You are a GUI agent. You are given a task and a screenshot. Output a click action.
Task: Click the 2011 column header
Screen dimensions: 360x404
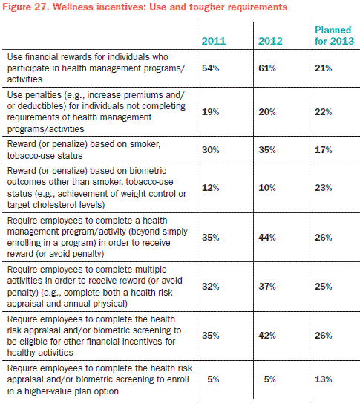tap(214, 41)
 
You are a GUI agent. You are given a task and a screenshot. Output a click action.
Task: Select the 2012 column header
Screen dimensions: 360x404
tap(270, 41)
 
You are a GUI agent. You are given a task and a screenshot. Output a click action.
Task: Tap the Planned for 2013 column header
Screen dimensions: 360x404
tap(334, 36)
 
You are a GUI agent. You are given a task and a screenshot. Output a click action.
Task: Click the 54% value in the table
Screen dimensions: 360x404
tap(210, 68)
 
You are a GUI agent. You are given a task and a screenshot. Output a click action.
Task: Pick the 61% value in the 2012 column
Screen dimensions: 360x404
tap(267, 68)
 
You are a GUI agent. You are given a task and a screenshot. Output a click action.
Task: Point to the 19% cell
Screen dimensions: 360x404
tap(210, 112)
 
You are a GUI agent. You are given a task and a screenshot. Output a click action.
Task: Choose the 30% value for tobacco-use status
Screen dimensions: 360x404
tap(210, 150)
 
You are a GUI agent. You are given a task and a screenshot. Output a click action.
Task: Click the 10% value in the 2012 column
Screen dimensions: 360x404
tap(267, 188)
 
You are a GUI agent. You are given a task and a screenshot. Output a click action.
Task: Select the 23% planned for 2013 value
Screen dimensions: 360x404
tap(323, 188)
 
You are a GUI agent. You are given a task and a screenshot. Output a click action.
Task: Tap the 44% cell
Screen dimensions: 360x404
tap(267, 238)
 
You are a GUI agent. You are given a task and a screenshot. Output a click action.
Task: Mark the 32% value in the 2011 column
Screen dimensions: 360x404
tap(210, 286)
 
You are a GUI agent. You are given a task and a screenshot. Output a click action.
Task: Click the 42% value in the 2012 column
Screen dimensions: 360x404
tap(267, 335)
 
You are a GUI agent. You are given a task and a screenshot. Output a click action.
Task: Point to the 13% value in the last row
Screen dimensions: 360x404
tap(323, 379)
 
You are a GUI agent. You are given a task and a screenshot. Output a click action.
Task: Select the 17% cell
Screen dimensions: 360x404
tap(323, 150)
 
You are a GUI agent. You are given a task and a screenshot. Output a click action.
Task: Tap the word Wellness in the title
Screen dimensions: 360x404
tap(73, 7)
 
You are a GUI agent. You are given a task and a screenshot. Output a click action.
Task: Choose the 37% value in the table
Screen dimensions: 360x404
tap(267, 286)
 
